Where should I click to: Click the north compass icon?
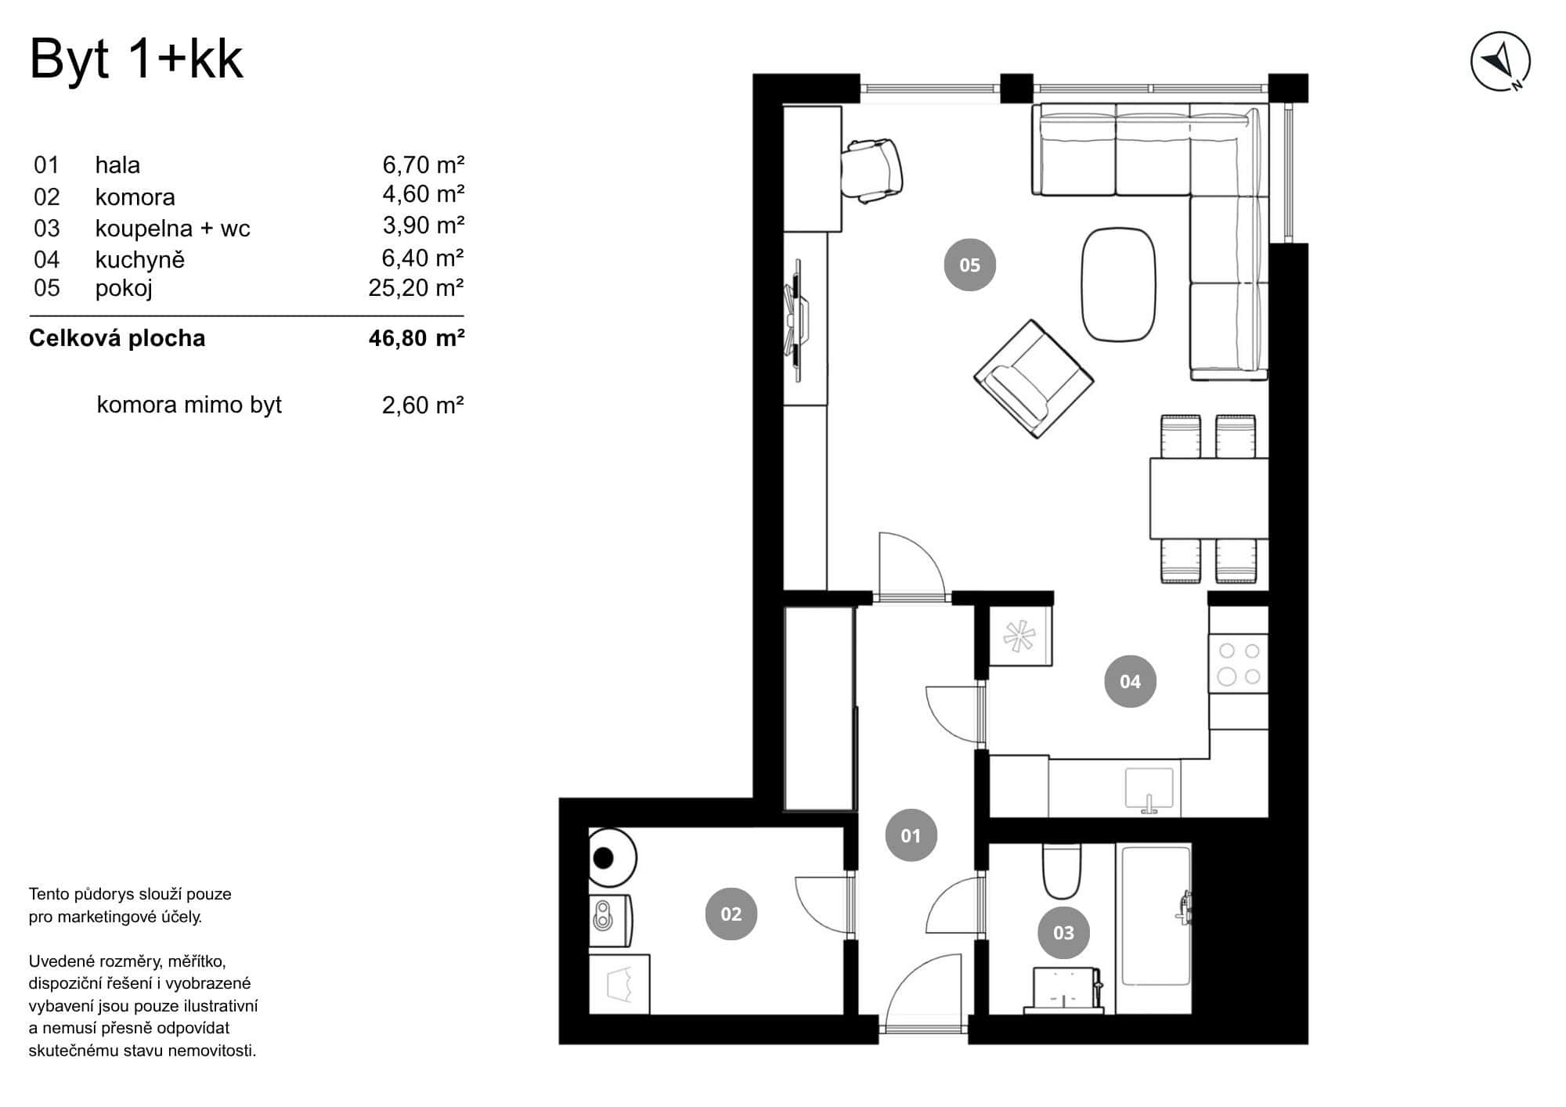(x=1500, y=62)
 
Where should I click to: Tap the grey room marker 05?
(x=969, y=265)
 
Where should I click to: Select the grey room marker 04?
(x=1130, y=681)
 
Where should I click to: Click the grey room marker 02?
(x=731, y=914)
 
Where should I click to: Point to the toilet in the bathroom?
(x=1062, y=873)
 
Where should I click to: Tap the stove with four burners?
(x=1239, y=663)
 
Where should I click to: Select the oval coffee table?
(x=1118, y=284)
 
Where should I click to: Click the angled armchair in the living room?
(x=1034, y=378)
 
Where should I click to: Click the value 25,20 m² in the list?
(x=416, y=288)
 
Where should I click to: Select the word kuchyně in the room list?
(x=140, y=260)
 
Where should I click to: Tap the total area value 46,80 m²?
(x=416, y=338)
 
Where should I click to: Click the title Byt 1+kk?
(x=136, y=59)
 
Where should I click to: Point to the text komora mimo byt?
(x=189, y=405)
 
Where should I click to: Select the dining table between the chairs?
(x=1207, y=499)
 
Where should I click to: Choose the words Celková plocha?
(x=117, y=338)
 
